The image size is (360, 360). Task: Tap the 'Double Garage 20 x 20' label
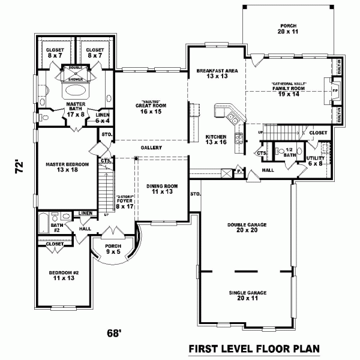tap(247, 227)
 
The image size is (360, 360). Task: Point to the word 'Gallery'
tap(150, 148)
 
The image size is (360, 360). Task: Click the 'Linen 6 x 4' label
tap(103, 118)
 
